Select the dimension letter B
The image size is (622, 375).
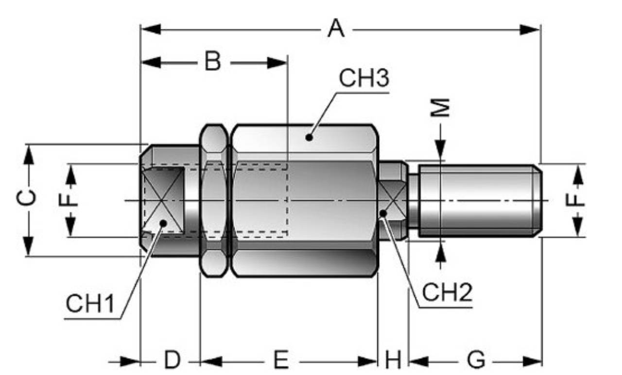coord(212,62)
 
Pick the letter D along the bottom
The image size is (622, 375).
coord(172,360)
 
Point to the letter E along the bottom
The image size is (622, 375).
coord(280,360)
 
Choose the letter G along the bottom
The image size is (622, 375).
coord(476,360)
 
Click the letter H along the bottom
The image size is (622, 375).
coord(393,360)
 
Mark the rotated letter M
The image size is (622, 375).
coord(441,108)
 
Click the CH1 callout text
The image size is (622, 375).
coord(90,304)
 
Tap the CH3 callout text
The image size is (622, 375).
coord(364,79)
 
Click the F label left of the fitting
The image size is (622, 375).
coord(71,199)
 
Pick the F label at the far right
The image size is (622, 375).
coord(577,199)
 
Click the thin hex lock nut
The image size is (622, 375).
coord(214,200)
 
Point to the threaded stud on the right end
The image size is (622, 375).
coord(479,200)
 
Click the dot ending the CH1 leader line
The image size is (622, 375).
coord(163,223)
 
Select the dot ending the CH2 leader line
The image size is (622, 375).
coord(383,212)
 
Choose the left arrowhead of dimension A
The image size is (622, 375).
coord(150,29)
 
